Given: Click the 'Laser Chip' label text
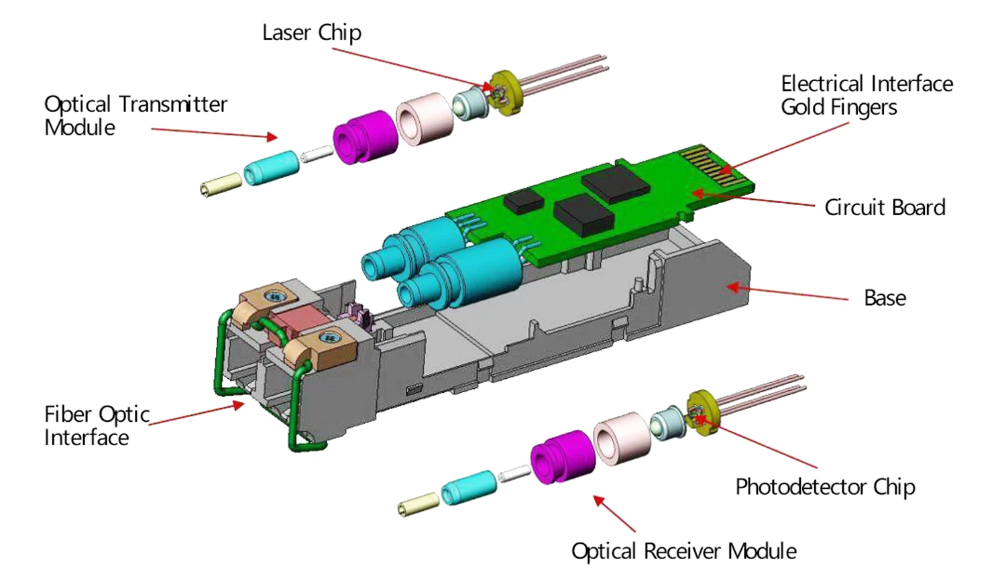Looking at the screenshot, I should [x=311, y=33].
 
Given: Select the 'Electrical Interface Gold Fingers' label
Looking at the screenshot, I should [x=867, y=95].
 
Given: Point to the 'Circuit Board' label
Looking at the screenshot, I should [x=885, y=208].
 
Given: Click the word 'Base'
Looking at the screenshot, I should [x=885, y=298].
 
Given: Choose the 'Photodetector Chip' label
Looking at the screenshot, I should [x=825, y=487].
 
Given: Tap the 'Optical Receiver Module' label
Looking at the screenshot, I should [x=683, y=551].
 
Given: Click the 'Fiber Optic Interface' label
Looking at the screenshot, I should [x=97, y=426].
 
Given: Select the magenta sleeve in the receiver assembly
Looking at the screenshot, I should [x=563, y=457].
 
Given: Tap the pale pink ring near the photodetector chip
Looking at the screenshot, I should [x=621, y=439].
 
